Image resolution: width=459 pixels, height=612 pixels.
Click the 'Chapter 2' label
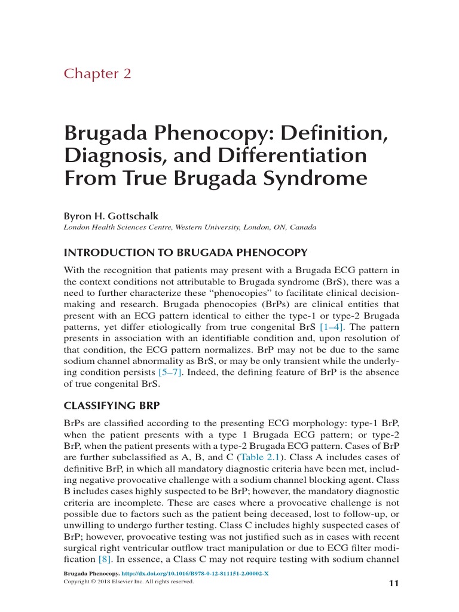97,74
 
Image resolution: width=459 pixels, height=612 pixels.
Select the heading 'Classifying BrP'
112,406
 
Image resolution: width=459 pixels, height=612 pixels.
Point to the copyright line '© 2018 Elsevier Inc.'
129,580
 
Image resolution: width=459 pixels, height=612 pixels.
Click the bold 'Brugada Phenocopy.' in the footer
88,573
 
